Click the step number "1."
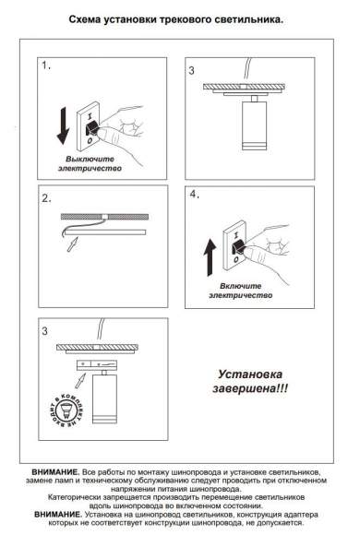click(x=45, y=67)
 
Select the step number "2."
click(x=45, y=196)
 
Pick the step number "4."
click(x=194, y=195)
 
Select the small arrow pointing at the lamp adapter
click(x=85, y=375)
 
